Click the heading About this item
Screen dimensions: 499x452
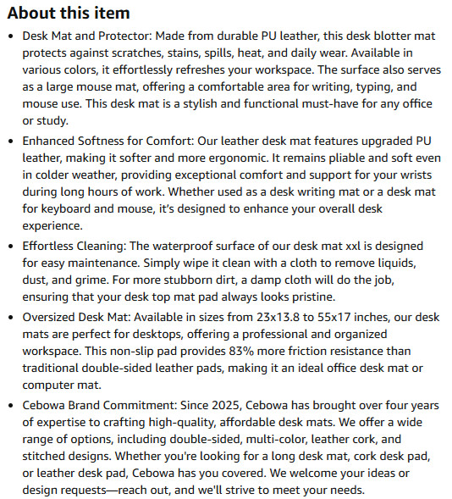tap(69, 13)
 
